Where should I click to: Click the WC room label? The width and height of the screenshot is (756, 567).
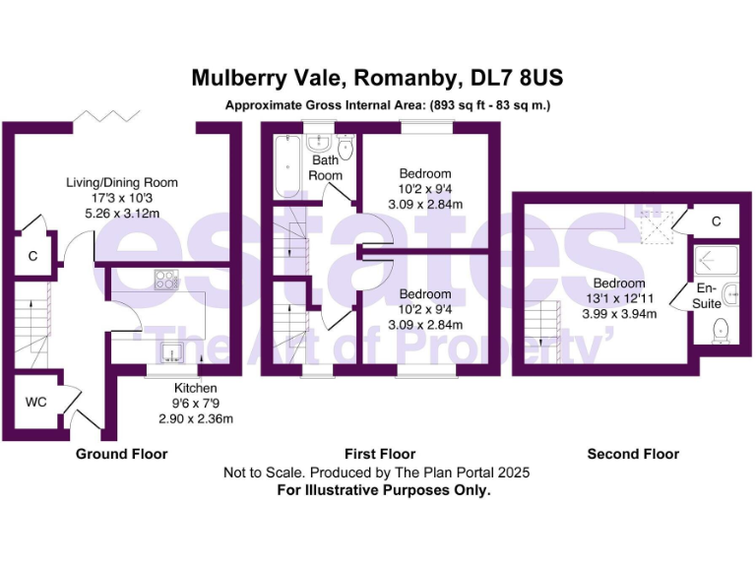coord(36,402)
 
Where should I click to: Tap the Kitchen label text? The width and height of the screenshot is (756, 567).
coord(196,388)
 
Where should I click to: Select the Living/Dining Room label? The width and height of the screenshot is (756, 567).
coord(122,182)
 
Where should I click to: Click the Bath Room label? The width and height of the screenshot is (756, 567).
coord(326,167)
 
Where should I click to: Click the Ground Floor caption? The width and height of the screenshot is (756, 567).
coord(122,454)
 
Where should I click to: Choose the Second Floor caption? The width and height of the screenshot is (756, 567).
coord(633,454)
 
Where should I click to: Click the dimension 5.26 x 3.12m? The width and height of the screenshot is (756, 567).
coord(122,212)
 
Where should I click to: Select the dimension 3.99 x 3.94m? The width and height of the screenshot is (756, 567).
coord(619,313)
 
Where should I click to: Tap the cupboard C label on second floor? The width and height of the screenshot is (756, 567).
coord(716,221)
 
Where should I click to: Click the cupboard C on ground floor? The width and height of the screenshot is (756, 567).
coord(32,257)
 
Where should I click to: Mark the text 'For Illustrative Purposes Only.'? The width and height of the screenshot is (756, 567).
coord(383,489)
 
